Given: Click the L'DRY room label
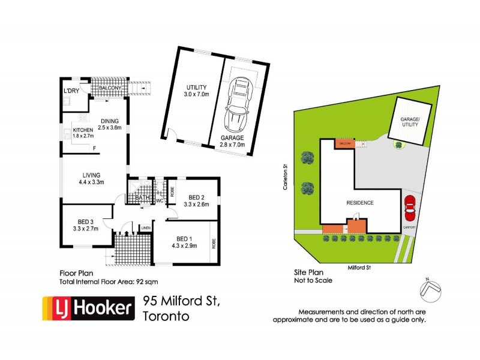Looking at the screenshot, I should [x=71, y=91].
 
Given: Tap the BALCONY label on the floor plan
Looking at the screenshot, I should [x=110, y=89].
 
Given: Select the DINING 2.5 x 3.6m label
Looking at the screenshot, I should [x=110, y=123].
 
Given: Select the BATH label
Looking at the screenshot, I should [x=142, y=197].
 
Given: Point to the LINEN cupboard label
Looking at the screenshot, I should [x=145, y=228].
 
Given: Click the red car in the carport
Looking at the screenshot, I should [x=410, y=208].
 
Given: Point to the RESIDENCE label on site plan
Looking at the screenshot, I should [x=359, y=203].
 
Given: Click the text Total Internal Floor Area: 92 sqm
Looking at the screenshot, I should [x=108, y=281].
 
